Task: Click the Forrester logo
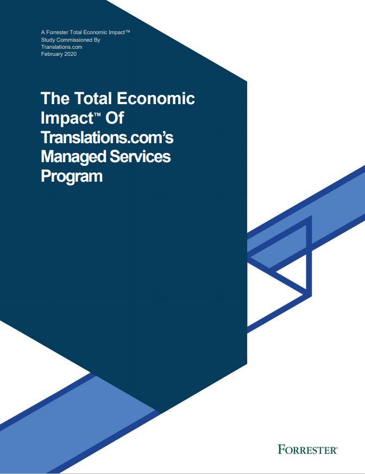(307, 450)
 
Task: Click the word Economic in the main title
(155, 98)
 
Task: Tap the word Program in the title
(72, 176)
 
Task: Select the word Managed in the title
(73, 157)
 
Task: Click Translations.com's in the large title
(107, 137)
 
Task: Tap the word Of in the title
(115, 118)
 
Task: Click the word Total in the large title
(93, 98)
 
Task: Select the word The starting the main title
(55, 98)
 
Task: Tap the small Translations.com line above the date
(62, 47)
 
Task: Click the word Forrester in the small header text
(56, 33)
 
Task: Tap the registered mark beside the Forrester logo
(336, 447)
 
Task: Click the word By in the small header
(97, 40)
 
